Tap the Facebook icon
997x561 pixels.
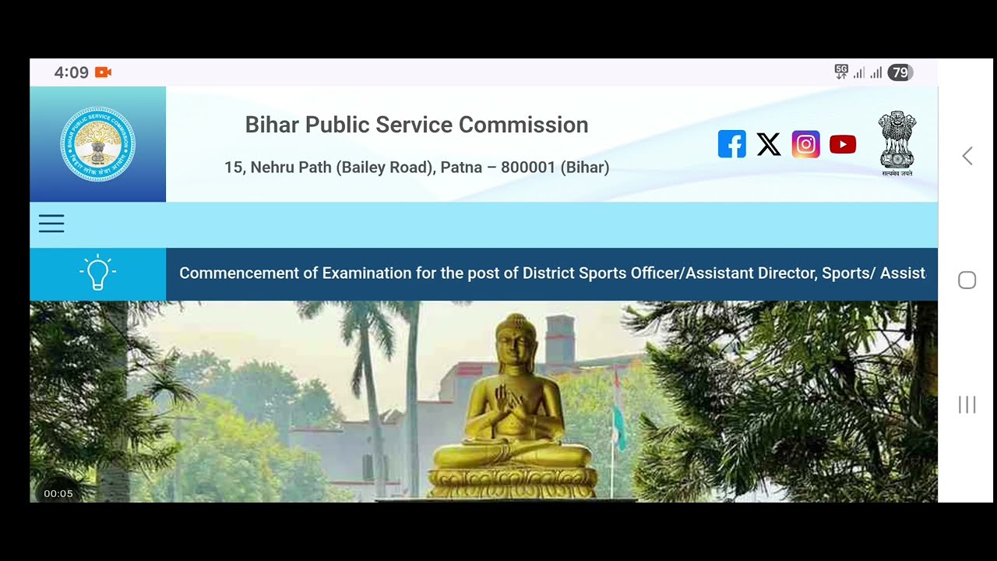[x=731, y=144]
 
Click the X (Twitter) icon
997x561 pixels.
[x=769, y=144]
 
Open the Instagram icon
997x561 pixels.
[x=805, y=144]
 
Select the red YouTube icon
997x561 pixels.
[x=843, y=144]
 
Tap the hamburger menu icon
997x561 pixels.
[x=51, y=224]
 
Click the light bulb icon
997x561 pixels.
[x=97, y=273]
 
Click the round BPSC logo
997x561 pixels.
[x=97, y=144]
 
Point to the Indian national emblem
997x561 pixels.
[x=897, y=142]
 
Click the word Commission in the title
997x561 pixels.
[x=523, y=125]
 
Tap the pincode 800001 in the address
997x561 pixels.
[x=528, y=168]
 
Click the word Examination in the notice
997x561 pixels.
[x=367, y=273]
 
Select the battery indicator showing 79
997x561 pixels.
[x=900, y=72]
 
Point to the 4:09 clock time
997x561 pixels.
[x=72, y=72]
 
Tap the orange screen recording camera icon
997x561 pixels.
[x=104, y=72]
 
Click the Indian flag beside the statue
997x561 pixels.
[x=618, y=417]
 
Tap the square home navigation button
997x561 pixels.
[x=967, y=280]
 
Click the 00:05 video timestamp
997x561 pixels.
[x=58, y=493]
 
